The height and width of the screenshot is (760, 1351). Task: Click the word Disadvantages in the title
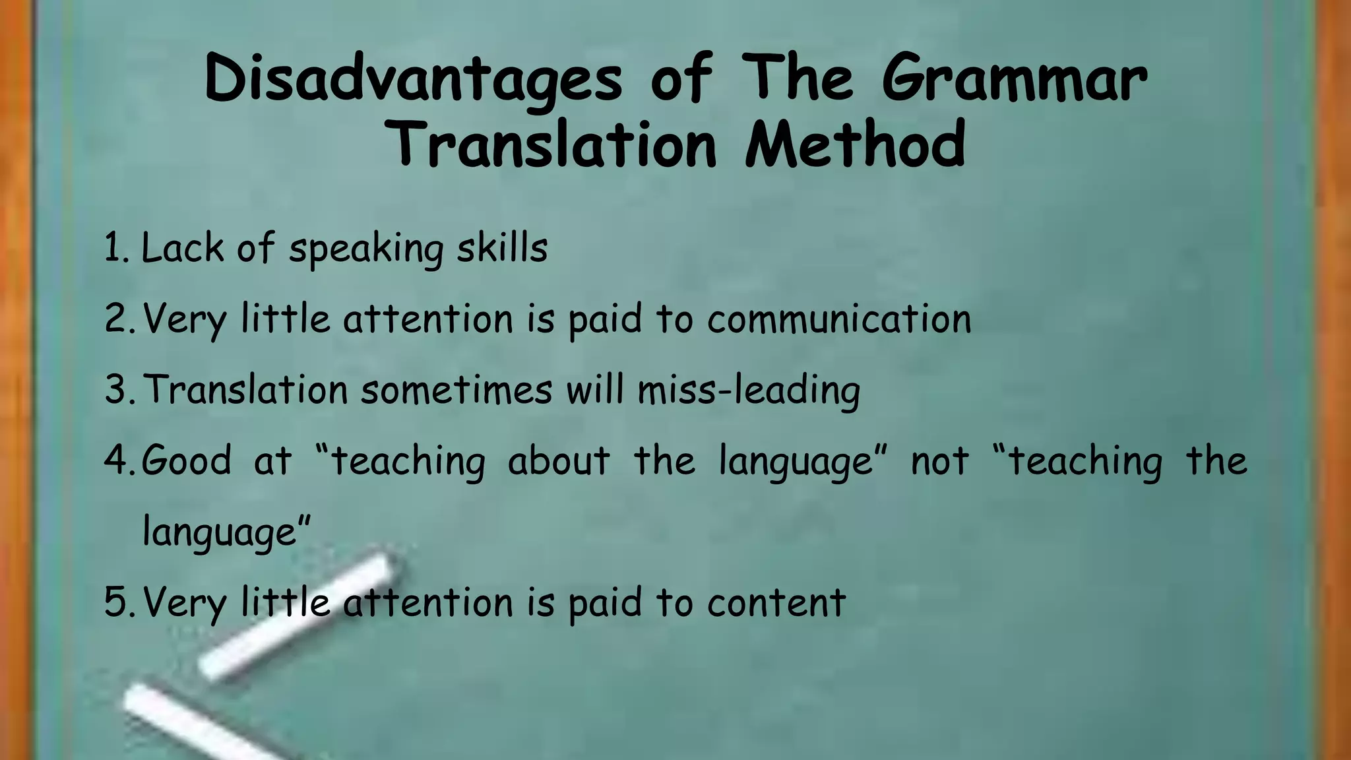click(412, 79)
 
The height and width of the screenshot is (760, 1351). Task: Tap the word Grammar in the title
click(1015, 79)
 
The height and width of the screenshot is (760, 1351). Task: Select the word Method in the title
click(856, 145)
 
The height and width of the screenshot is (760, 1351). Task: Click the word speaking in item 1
click(366, 249)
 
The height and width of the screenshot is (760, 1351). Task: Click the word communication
click(839, 319)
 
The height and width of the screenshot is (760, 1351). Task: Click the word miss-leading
click(749, 390)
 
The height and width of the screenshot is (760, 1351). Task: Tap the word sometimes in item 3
click(456, 390)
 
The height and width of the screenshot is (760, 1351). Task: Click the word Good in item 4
click(187, 460)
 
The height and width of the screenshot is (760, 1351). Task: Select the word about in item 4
click(559, 460)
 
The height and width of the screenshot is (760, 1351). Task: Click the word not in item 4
click(939, 460)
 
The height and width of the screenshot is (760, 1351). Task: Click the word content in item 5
click(776, 602)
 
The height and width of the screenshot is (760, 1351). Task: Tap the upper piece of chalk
click(297, 617)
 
